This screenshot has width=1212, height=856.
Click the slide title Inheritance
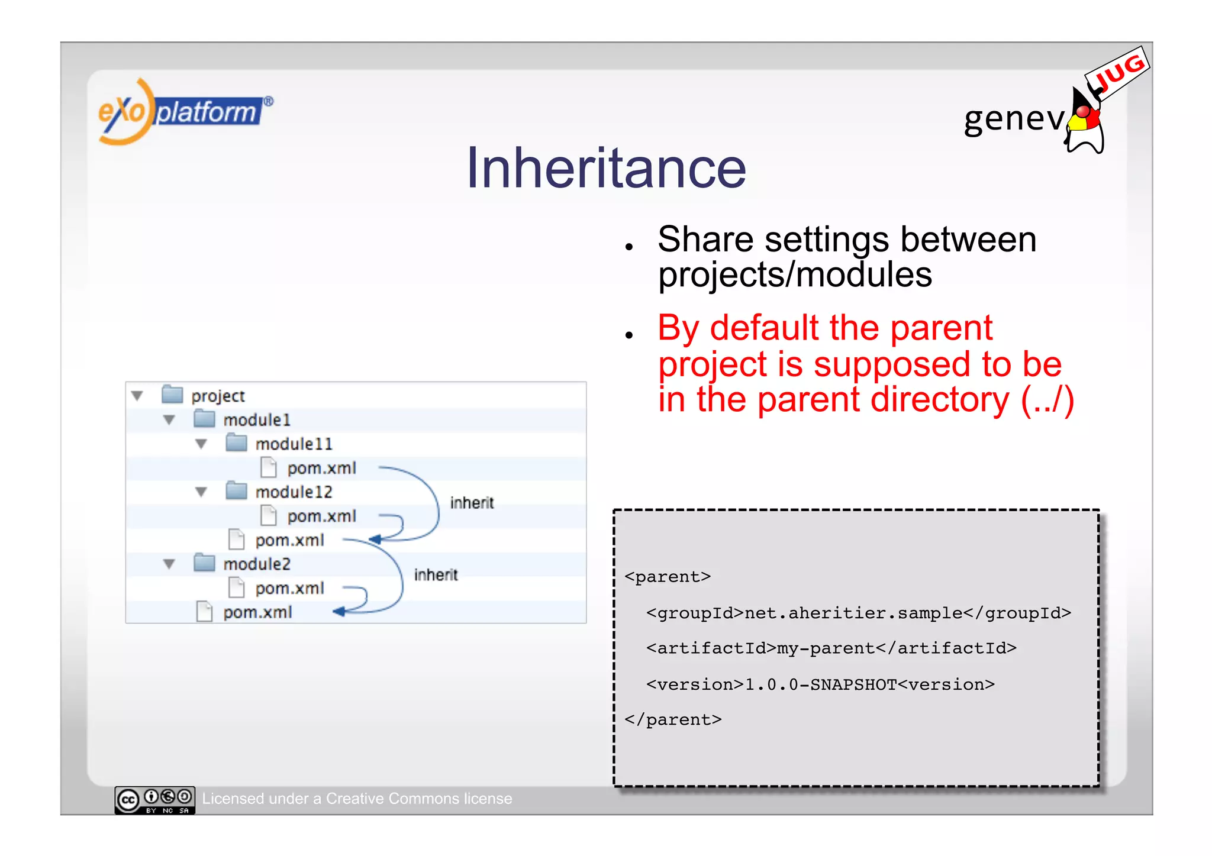tap(605, 169)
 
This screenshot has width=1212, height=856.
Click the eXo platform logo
tap(183, 111)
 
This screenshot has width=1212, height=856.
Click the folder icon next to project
tap(172, 395)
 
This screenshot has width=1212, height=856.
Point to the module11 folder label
tap(294, 444)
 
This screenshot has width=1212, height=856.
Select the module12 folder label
tap(294, 492)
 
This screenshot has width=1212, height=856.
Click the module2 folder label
tap(257, 564)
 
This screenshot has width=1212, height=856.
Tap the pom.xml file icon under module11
tap(269, 467)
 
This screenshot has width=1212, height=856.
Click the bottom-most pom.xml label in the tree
tap(257, 612)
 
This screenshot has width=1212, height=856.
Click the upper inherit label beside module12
tap(472, 503)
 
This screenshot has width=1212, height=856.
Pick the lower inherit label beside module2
tap(436, 575)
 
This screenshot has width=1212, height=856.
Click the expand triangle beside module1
tap(169, 420)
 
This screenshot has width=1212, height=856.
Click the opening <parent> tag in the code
tap(668, 577)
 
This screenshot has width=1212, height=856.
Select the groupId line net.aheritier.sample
tap(858, 613)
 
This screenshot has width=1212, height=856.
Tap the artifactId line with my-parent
tap(831, 648)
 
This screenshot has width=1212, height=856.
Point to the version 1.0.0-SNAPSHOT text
tap(820, 684)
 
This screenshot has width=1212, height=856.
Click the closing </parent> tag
tap(673, 720)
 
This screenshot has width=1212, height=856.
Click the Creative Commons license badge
tap(154, 800)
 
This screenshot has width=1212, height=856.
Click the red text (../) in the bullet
tap(1047, 400)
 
